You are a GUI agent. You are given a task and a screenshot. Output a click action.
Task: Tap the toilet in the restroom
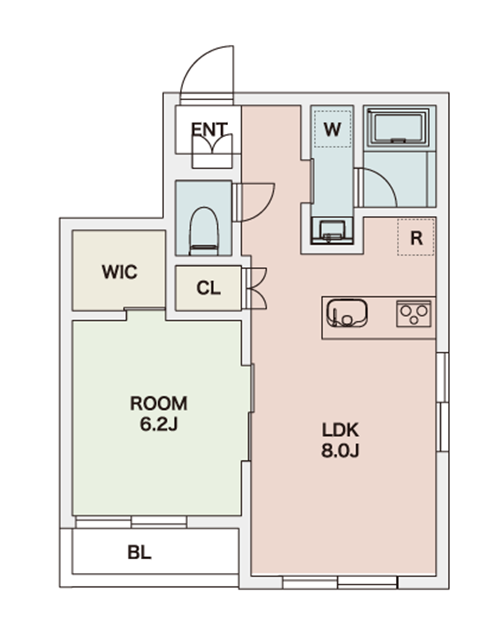coord(203,231)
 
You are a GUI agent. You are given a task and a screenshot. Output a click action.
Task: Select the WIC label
coord(119,272)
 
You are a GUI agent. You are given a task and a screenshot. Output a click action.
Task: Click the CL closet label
coord(208,288)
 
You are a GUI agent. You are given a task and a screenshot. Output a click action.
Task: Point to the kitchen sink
coord(347,313)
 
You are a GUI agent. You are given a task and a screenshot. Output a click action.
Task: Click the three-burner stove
coord(414,314)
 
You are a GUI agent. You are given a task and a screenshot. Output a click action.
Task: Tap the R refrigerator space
coord(416,237)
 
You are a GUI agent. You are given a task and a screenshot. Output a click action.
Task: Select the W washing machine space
coord(332,129)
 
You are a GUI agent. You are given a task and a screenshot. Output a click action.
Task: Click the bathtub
coord(398,127)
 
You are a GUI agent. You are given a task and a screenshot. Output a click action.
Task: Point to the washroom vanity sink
coord(332,231)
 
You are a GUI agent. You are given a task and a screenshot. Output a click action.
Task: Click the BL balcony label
coord(139,552)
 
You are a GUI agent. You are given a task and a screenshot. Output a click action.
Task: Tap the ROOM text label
coord(159,404)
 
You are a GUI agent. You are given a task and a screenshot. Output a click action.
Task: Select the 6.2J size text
coord(159,424)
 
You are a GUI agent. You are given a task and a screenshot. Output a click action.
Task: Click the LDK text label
coord(340,430)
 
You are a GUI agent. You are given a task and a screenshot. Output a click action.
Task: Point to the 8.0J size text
coord(340,451)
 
